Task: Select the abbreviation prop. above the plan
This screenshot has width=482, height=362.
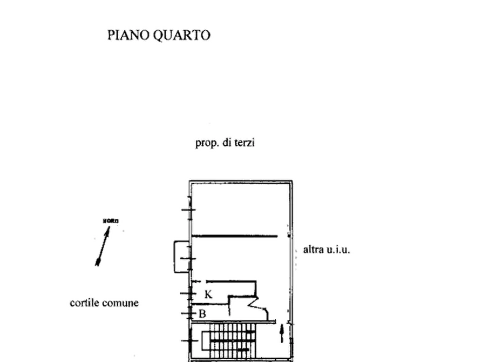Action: (206, 144)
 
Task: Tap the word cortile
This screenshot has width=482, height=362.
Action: (86, 303)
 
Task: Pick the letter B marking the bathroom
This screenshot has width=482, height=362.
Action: (202, 313)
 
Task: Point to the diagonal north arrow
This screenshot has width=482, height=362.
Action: (101, 246)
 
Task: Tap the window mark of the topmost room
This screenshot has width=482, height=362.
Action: (188, 210)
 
